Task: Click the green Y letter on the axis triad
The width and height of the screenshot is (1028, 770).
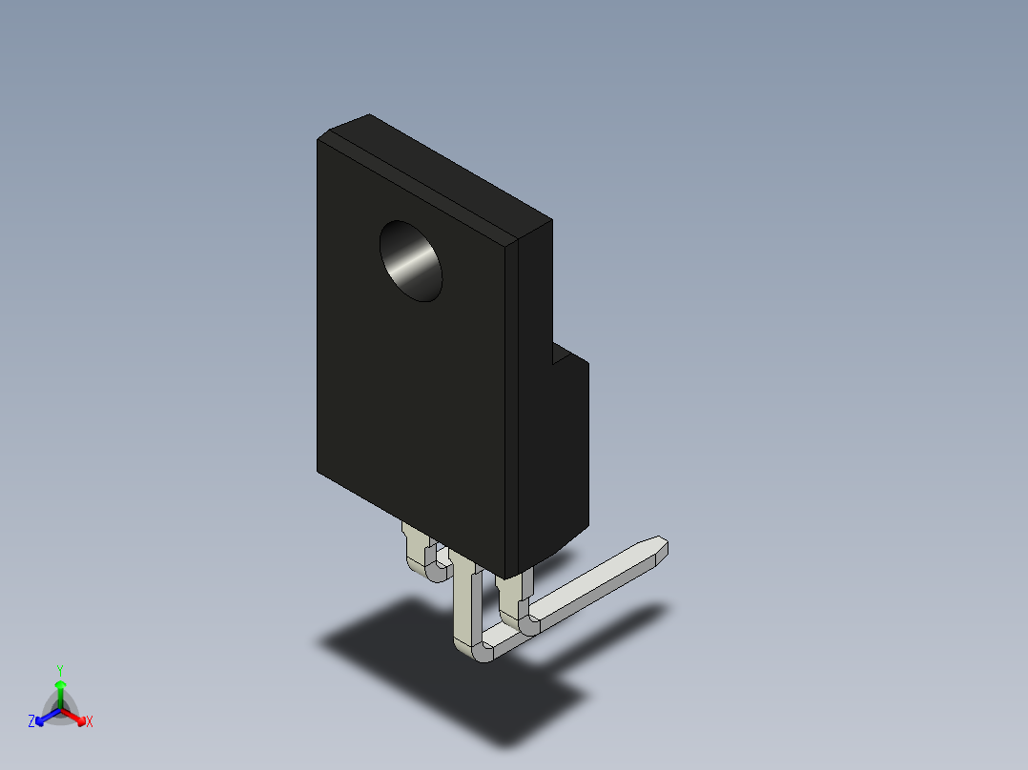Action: (x=60, y=670)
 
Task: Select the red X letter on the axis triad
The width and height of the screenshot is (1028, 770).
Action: (x=90, y=722)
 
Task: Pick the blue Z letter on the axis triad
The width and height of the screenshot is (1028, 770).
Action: (x=31, y=722)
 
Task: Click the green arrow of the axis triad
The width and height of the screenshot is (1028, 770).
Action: (x=60, y=688)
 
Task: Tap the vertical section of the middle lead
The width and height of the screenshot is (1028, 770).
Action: (x=464, y=605)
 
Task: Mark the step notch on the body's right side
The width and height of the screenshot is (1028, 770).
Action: (x=560, y=357)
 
